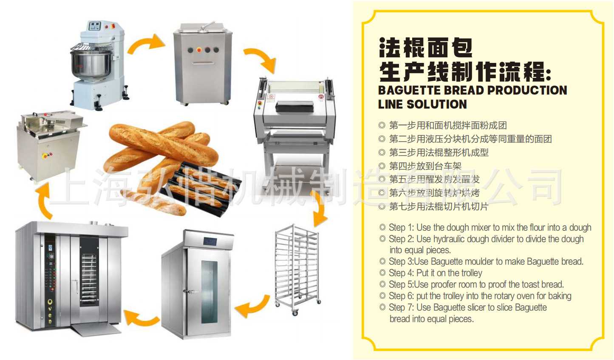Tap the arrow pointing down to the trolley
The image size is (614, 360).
coord(319,210)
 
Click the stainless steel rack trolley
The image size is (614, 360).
coord(297,268)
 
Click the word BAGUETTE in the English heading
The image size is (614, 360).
coord(409,91)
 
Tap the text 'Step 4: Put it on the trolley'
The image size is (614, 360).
coord(436,273)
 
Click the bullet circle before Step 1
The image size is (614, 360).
coord(382,227)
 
